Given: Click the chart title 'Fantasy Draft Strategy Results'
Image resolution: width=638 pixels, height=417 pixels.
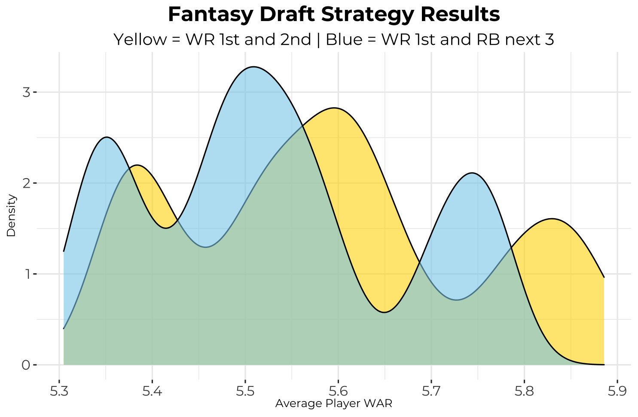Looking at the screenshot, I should pos(334,15).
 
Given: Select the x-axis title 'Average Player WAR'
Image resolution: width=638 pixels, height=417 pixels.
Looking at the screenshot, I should pos(334,404).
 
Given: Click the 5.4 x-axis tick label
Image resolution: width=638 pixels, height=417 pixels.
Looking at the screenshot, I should pos(152,392).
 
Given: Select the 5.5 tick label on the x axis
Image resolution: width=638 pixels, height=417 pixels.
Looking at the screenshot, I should pos(245,392).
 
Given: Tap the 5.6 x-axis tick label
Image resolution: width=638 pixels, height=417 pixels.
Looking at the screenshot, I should pos(338,392).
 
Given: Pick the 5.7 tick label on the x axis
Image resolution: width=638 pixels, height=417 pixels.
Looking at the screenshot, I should pos(431,392).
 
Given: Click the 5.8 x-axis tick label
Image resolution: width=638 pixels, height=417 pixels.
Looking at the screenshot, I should pos(524,392).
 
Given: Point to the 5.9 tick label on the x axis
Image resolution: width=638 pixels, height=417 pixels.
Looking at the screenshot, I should pos(617,392).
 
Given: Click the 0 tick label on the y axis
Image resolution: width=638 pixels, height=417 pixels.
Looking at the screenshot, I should pos(26,365).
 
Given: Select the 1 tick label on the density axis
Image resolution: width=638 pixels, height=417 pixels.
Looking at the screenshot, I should pos(26,274).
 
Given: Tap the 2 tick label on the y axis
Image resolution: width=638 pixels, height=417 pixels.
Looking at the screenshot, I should pos(26,183).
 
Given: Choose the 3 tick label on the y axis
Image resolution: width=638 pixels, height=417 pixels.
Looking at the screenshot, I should pos(26,93).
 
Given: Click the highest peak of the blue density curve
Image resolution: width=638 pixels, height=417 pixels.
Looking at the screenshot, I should pos(254,67).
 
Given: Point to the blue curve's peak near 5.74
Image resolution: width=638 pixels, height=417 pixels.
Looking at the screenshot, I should pos(472,173).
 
